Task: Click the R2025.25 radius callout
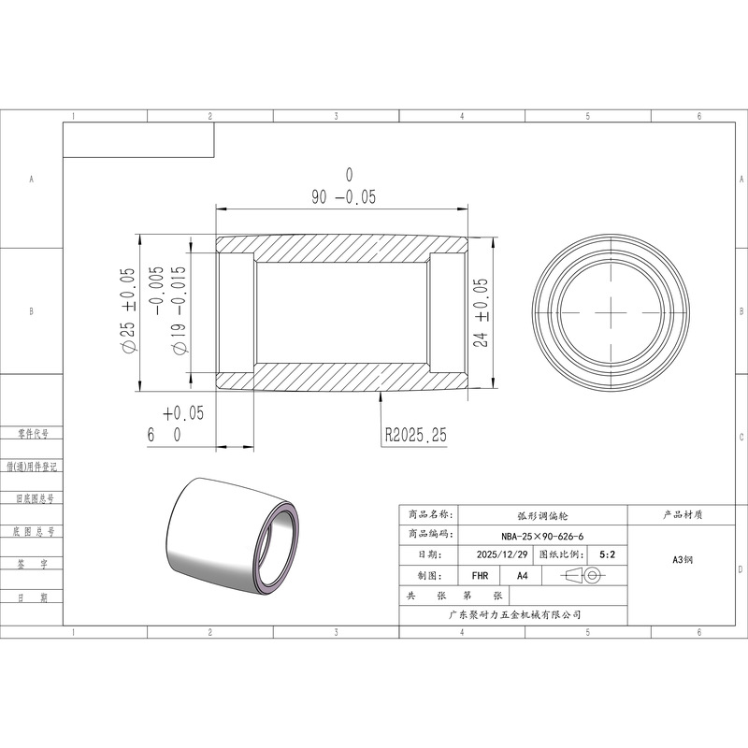(416, 435)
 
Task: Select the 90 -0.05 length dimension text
(343, 197)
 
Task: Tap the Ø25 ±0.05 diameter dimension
(129, 310)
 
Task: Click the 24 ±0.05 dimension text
(481, 312)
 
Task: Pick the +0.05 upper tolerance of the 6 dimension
(183, 413)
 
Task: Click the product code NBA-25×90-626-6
(542, 536)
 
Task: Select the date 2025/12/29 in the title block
(502, 554)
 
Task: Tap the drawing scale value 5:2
(607, 554)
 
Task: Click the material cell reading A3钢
(683, 559)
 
